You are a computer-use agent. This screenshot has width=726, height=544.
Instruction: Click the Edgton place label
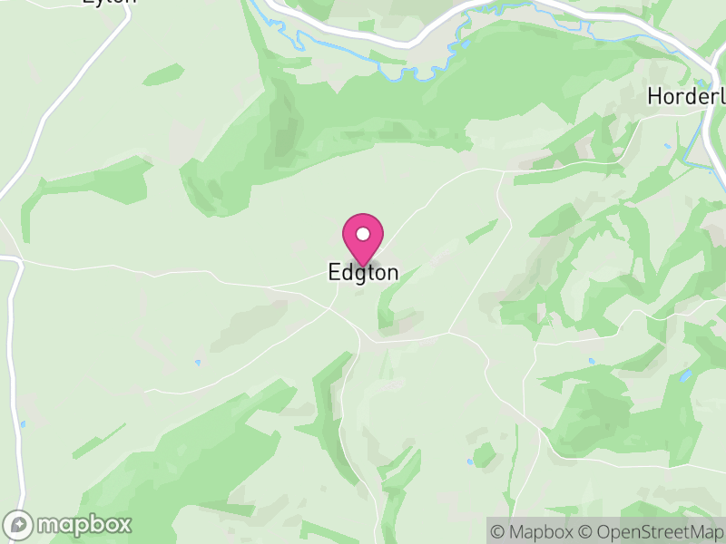click(x=362, y=273)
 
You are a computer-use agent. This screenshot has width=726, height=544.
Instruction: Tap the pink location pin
click(x=363, y=237)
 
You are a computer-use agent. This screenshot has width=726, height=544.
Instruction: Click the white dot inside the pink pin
click(x=363, y=233)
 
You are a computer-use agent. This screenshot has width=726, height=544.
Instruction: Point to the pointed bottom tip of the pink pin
click(x=363, y=267)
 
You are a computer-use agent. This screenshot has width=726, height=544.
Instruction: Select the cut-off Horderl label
click(x=685, y=96)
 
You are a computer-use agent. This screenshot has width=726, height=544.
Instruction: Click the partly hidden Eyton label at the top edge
click(x=109, y=3)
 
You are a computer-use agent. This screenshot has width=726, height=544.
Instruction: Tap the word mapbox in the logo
click(x=83, y=524)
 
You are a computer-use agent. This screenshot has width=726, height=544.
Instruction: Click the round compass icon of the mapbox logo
click(x=18, y=524)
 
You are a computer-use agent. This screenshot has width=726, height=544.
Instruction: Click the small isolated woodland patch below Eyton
click(x=163, y=73)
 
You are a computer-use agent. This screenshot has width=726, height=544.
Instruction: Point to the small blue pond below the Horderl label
click(x=666, y=146)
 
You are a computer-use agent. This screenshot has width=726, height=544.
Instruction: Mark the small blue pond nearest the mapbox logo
click(x=23, y=423)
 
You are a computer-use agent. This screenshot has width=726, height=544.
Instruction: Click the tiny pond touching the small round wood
click(x=469, y=461)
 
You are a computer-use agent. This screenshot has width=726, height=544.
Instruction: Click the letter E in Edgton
click(x=334, y=273)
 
